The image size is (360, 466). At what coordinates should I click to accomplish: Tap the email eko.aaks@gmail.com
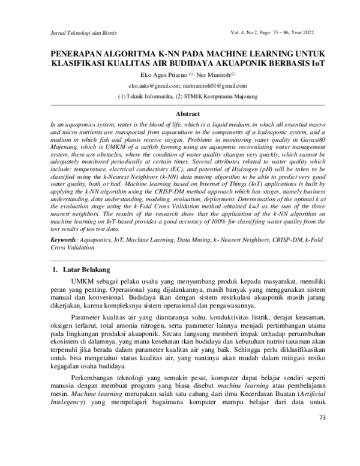tap(146, 86)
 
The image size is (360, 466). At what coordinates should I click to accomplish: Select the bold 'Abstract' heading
tap(179, 113)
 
